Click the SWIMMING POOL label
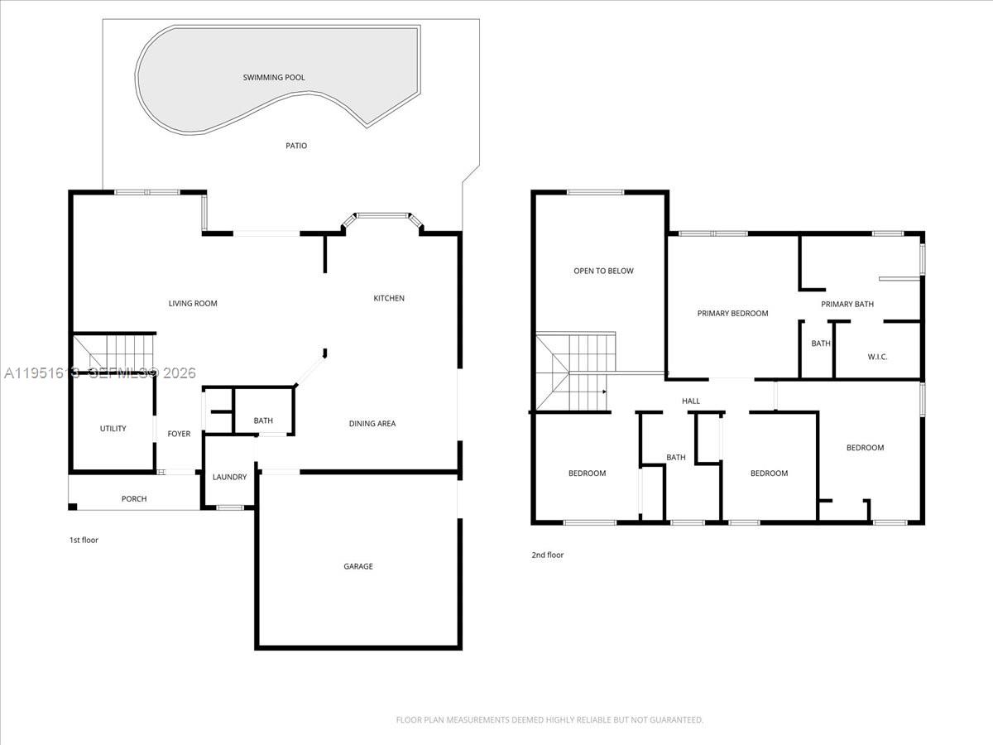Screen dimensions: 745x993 point(273,78)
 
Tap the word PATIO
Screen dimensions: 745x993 point(296,146)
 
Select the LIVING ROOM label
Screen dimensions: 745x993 point(193,304)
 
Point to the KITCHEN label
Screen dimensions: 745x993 point(389,298)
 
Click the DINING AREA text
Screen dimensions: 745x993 point(372,424)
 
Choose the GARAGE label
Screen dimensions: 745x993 point(358,567)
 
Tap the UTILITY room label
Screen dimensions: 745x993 point(113,429)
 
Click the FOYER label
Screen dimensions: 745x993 point(179,434)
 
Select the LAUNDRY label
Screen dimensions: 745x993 point(229,478)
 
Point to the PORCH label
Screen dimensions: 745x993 point(134,499)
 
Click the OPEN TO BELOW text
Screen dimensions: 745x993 point(604,271)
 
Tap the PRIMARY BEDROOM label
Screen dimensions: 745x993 point(732,314)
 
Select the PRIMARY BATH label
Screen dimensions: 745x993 point(847,305)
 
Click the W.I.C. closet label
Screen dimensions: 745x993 point(877,357)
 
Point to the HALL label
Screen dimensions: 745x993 point(691,401)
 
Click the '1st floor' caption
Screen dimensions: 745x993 point(84,541)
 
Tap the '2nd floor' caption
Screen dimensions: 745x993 point(547,555)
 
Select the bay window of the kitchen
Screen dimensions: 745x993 point(383,217)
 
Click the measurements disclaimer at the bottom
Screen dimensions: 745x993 point(549,720)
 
